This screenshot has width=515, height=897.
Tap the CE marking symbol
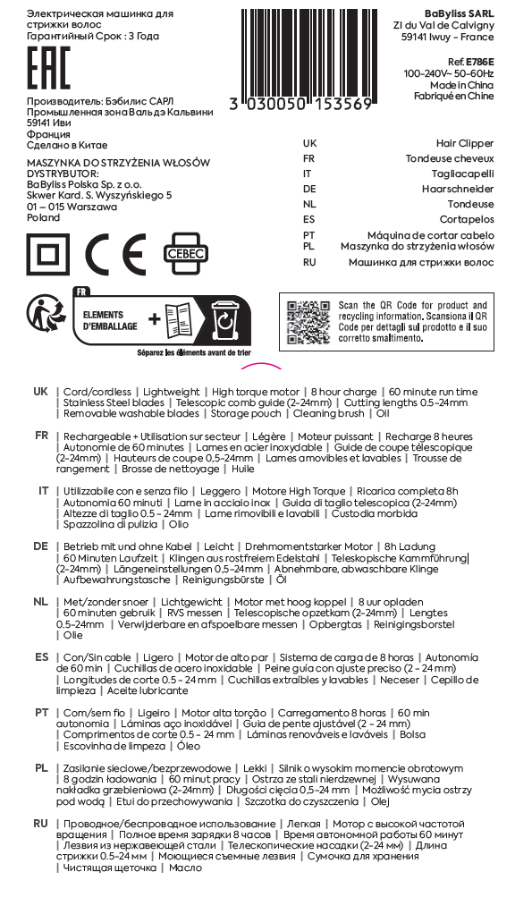coord(115,254)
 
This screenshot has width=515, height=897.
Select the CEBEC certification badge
coord(185,254)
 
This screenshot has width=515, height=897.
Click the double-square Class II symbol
coord(48,254)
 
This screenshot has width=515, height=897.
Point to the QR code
coord(309,321)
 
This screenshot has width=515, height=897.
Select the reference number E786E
coord(479,62)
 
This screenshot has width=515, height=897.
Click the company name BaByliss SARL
coord(460,13)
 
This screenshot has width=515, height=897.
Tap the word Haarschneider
coord(458,189)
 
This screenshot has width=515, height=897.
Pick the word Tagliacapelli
coord(462,173)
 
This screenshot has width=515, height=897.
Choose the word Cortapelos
coord(467,219)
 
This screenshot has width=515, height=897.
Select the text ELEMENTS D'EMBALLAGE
coord(110,320)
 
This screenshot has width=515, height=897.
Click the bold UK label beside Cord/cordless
coord(40,392)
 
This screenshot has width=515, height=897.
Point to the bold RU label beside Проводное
coord(40,824)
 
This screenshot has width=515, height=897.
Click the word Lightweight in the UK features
coord(171,393)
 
